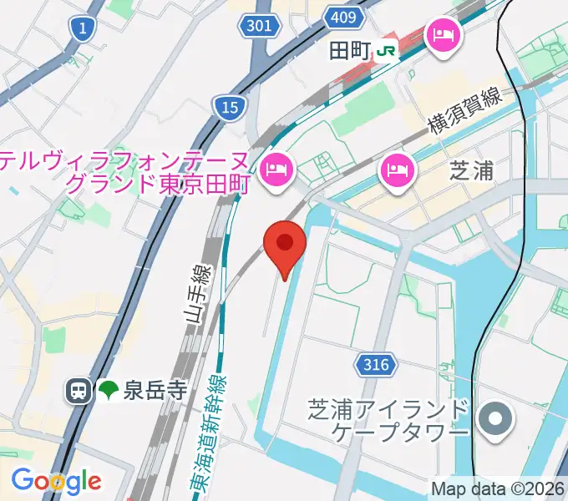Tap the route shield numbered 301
(260, 26)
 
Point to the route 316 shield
(378, 364)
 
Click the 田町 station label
(347, 50)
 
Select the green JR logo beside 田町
(386, 51)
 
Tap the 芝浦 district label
(472, 170)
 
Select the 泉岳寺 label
(155, 390)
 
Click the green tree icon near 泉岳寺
(108, 390)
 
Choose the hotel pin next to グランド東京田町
(275, 170)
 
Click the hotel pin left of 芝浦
(393, 170)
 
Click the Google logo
(56, 481)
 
